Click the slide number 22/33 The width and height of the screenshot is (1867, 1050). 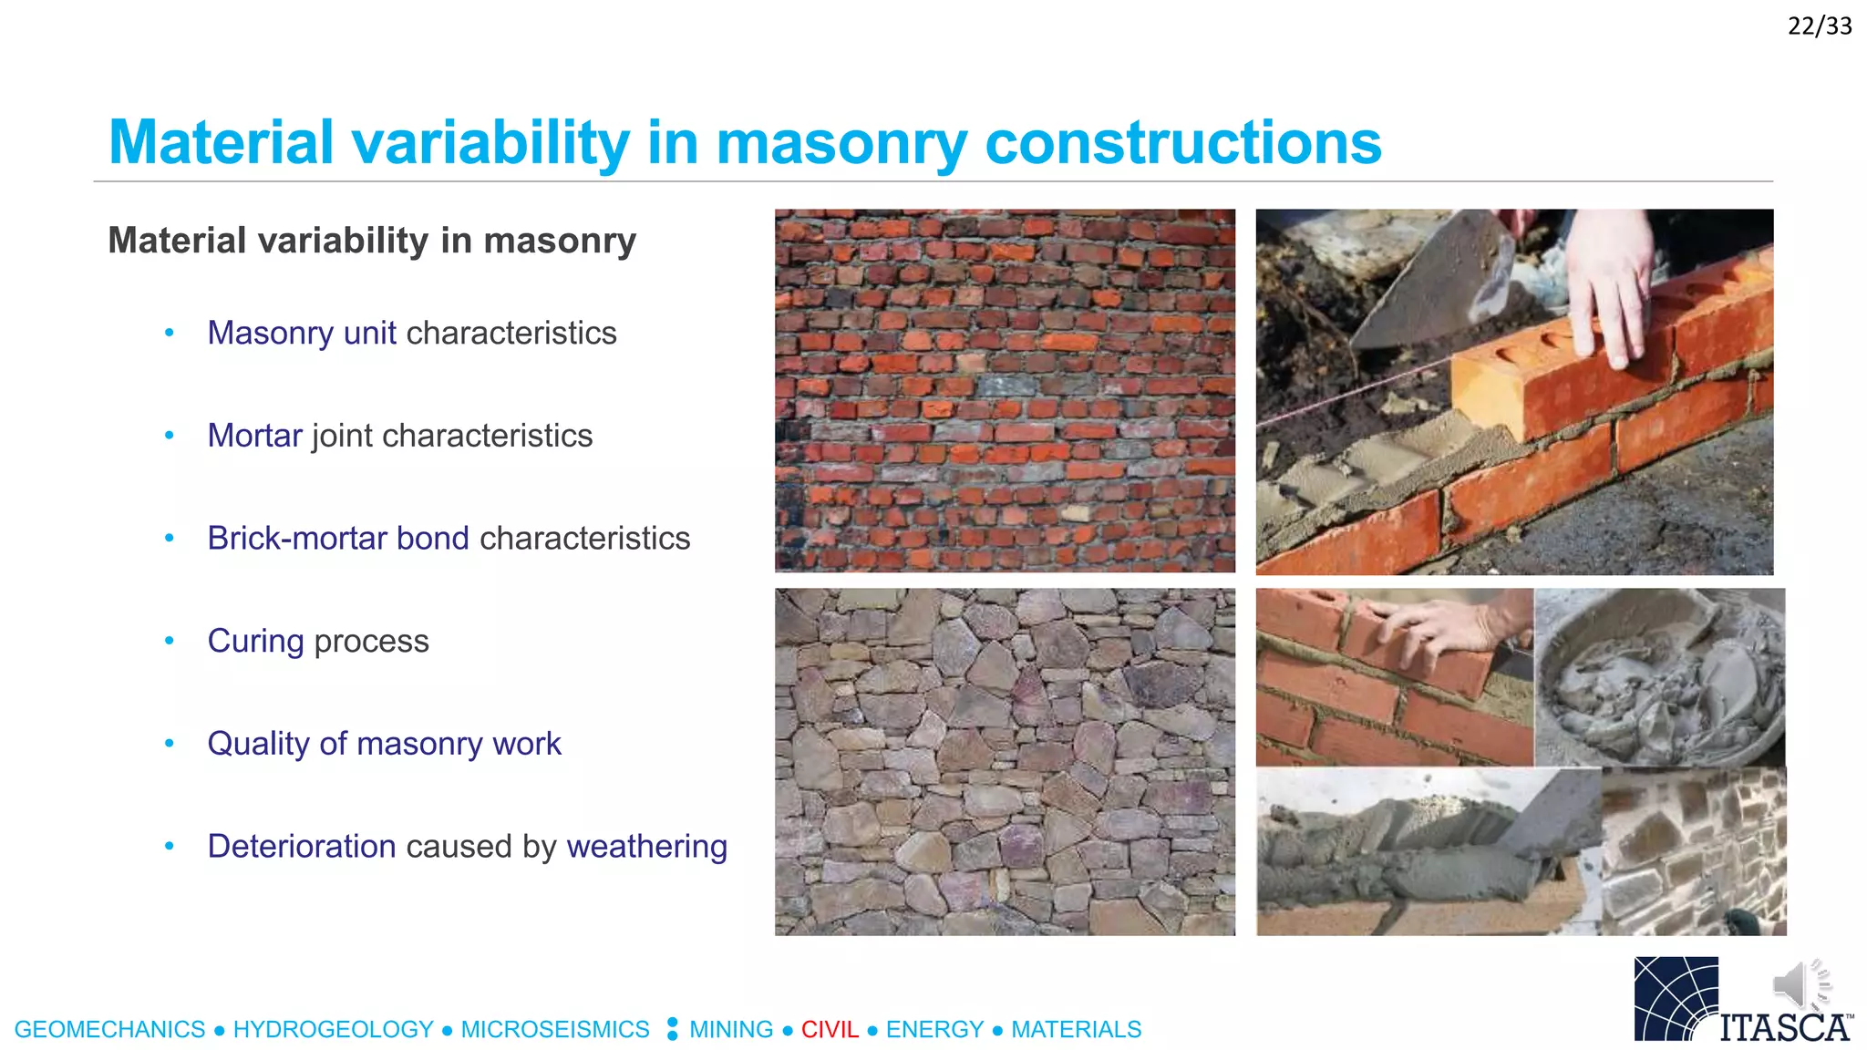[x=1819, y=26]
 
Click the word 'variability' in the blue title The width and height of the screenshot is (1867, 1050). [x=490, y=143]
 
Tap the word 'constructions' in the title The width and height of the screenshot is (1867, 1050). [x=1182, y=143]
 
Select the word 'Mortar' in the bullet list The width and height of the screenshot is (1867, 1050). [x=254, y=436]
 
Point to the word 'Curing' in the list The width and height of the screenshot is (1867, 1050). [x=255, y=642]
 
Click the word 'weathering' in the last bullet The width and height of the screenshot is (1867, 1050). [x=646, y=847]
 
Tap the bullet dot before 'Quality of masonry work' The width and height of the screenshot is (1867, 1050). [x=169, y=744]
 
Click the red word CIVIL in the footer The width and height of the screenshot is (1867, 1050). [x=830, y=1030]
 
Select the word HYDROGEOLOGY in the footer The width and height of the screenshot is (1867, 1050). [x=333, y=1030]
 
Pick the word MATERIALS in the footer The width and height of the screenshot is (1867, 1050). [x=1076, y=1030]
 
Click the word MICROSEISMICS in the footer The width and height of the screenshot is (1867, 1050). [x=554, y=1030]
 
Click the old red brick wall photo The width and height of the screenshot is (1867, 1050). [x=1005, y=390]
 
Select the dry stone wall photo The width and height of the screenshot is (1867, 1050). [x=1005, y=761]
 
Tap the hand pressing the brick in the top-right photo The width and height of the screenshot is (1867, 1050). [x=1614, y=283]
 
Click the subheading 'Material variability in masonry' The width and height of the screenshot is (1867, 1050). [x=372, y=242]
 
